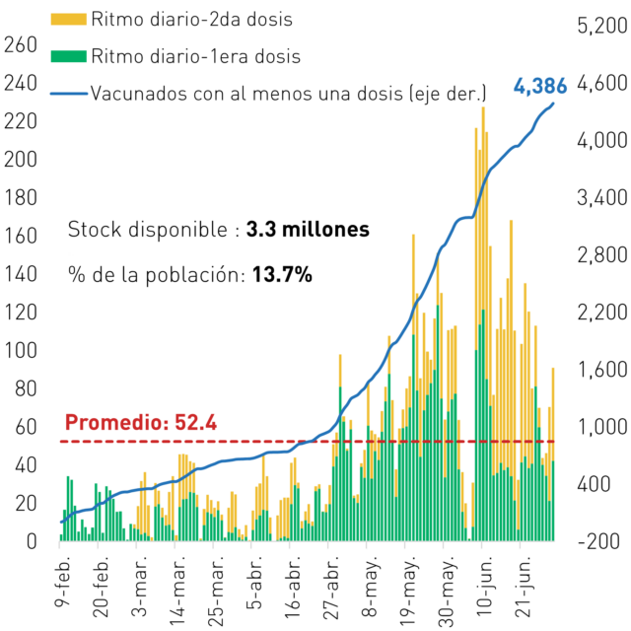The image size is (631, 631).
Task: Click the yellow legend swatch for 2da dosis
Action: (x=68, y=20)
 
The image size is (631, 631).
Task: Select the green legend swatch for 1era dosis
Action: (x=68, y=56)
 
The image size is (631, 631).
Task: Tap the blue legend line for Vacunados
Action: (x=69, y=94)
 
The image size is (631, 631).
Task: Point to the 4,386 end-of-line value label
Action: (x=540, y=86)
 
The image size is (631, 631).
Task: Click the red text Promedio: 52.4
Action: (x=141, y=423)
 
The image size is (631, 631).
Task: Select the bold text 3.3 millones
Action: (x=308, y=230)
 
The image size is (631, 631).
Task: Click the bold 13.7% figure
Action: (x=282, y=275)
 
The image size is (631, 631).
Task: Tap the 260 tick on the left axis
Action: (x=21, y=45)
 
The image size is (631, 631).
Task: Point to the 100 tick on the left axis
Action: (x=21, y=351)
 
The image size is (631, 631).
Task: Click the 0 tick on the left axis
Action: (x=32, y=541)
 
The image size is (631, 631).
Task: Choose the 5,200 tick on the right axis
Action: (x=602, y=26)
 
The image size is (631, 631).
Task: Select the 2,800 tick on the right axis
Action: (x=602, y=254)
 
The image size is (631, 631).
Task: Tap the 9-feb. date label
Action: (x=63, y=581)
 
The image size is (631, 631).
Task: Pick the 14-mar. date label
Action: (x=177, y=591)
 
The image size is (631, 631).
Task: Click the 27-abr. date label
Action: (x=331, y=588)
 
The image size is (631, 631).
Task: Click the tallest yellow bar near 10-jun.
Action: (x=483, y=208)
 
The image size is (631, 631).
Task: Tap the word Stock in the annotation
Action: (x=95, y=230)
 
